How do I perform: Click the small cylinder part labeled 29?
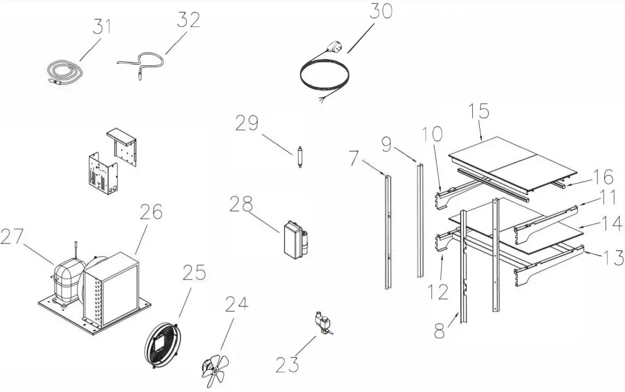300,158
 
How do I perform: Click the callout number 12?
439,291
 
